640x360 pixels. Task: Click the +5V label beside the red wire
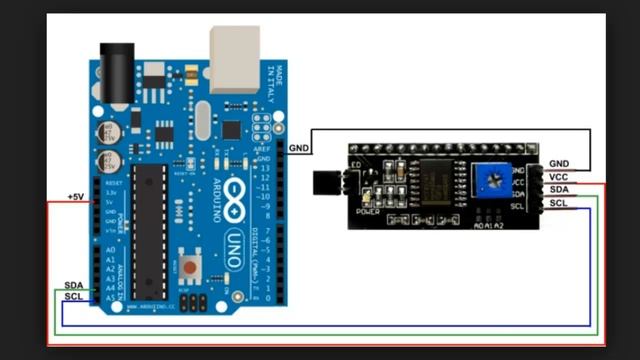75,197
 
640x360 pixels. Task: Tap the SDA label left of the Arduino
73,285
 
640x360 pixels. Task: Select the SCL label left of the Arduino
73,296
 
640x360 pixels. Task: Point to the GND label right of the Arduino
298,149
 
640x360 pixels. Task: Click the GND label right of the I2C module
559,163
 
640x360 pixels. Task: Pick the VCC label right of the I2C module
559,176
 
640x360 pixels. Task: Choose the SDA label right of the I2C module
559,189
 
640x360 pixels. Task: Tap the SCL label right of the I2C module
559,203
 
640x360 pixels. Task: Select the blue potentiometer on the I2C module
492,178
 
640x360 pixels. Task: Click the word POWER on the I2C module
368,212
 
